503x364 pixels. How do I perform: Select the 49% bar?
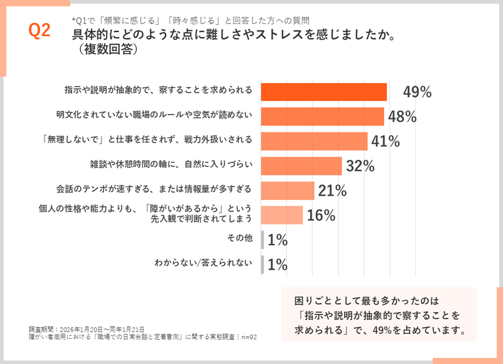[324, 92]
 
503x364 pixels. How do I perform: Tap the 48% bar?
[322, 117]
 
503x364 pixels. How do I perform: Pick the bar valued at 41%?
[314, 141]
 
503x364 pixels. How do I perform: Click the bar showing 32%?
[301, 166]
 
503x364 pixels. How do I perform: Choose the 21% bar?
[288, 190]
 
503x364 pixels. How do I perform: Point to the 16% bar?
[282, 215]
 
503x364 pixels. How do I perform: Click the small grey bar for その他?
[262, 240]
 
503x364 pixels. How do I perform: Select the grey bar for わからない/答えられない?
[262, 264]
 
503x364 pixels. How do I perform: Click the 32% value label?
[360, 166]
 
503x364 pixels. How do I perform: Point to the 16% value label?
[321, 215]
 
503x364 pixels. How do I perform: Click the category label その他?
[240, 238]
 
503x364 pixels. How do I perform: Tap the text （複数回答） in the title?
[105, 50]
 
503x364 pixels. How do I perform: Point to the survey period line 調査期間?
[87, 329]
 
